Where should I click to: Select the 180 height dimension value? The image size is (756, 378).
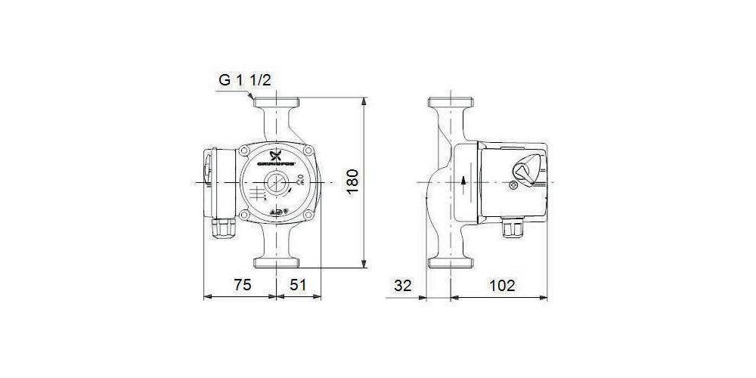[x=352, y=181]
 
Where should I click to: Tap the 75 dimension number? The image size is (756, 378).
[x=241, y=285]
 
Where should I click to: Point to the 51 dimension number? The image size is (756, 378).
[x=299, y=285]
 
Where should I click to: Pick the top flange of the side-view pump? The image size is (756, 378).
[x=452, y=103]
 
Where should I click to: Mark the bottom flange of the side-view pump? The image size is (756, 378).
[x=452, y=262]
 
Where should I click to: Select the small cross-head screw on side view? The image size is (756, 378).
[x=514, y=184]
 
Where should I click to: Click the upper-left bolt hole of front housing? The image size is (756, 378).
[x=243, y=151]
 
